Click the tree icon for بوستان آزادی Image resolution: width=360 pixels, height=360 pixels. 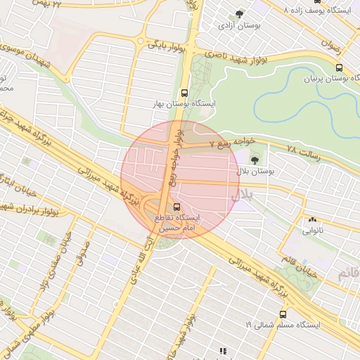tap(240, 13)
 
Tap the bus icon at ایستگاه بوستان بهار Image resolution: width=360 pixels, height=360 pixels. tap(184, 92)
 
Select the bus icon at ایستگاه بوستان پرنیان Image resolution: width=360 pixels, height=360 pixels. tap(340, 68)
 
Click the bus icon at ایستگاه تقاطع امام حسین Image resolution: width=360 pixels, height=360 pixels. tap(176, 207)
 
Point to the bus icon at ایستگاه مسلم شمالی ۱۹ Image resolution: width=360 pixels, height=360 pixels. tap(283, 314)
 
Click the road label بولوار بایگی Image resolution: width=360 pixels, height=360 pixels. tap(167, 46)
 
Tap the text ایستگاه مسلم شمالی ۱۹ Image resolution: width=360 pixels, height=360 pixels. tap(283, 325)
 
